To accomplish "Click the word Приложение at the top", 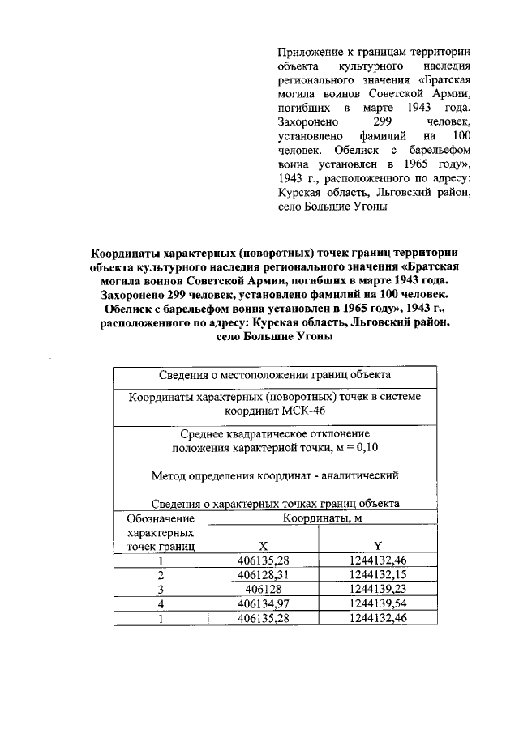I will point(307,50).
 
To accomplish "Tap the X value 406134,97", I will point(264,603).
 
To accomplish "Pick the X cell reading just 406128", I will point(264,588).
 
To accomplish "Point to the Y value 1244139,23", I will point(378,588).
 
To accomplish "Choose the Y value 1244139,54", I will point(378,603).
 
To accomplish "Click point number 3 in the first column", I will point(161,588).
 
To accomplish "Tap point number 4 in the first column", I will point(161,603).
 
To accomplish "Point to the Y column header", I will point(378,545).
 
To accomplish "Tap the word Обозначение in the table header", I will point(161,518).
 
